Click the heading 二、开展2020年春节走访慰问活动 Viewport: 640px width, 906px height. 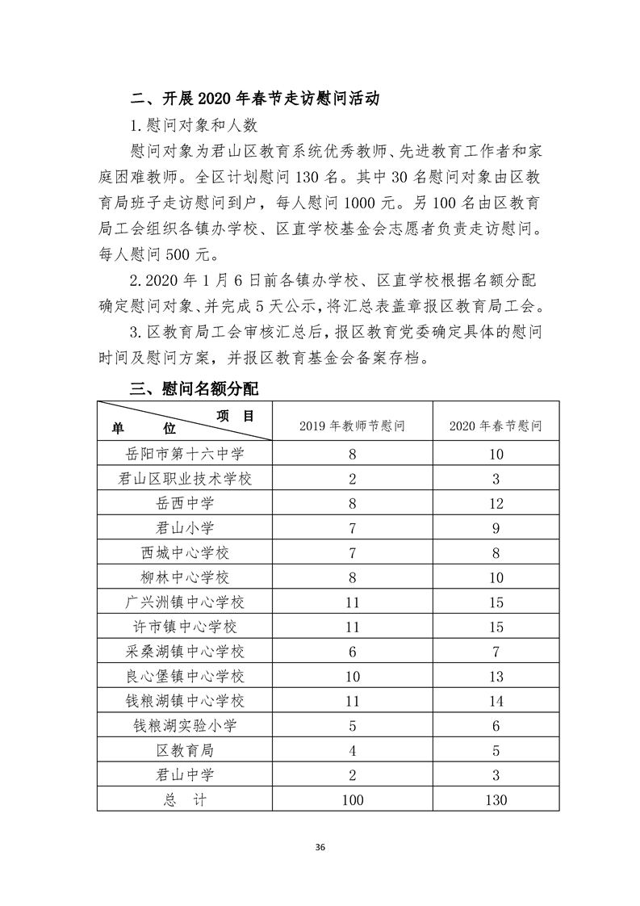[256, 99]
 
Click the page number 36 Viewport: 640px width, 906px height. [320, 847]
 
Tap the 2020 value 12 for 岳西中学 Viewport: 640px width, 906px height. [496, 504]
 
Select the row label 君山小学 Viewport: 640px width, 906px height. [185, 528]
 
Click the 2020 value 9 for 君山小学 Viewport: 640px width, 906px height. [496, 528]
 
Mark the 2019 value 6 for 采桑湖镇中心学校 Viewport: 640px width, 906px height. [352, 652]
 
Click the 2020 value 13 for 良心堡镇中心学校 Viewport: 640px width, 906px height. [496, 676]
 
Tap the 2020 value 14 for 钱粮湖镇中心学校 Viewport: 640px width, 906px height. [496, 701]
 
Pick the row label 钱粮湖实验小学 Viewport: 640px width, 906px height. [185, 726]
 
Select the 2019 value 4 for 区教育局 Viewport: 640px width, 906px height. [352, 750]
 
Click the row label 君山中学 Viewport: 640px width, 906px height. [185, 775]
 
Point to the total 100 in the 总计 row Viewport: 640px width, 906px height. [352, 799]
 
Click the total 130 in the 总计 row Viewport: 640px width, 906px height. [496, 799]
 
